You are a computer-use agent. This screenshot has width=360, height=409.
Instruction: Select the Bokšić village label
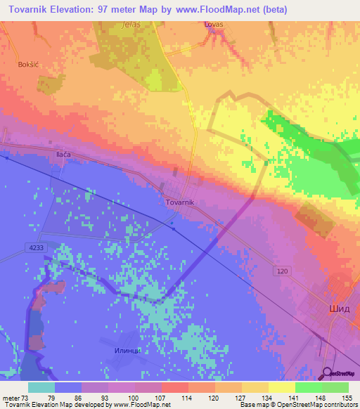[x=28, y=64]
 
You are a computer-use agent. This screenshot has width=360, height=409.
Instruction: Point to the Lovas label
[x=213, y=25]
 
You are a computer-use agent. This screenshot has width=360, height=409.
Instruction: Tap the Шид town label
[x=340, y=309]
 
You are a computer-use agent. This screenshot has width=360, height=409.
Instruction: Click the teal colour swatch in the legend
[x=41, y=387]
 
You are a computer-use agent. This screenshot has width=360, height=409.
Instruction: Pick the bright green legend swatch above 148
[x=309, y=387]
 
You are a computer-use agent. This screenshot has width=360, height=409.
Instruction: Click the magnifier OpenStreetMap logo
[x=328, y=373]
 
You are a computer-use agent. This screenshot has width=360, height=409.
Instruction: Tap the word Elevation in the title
[x=67, y=10]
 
